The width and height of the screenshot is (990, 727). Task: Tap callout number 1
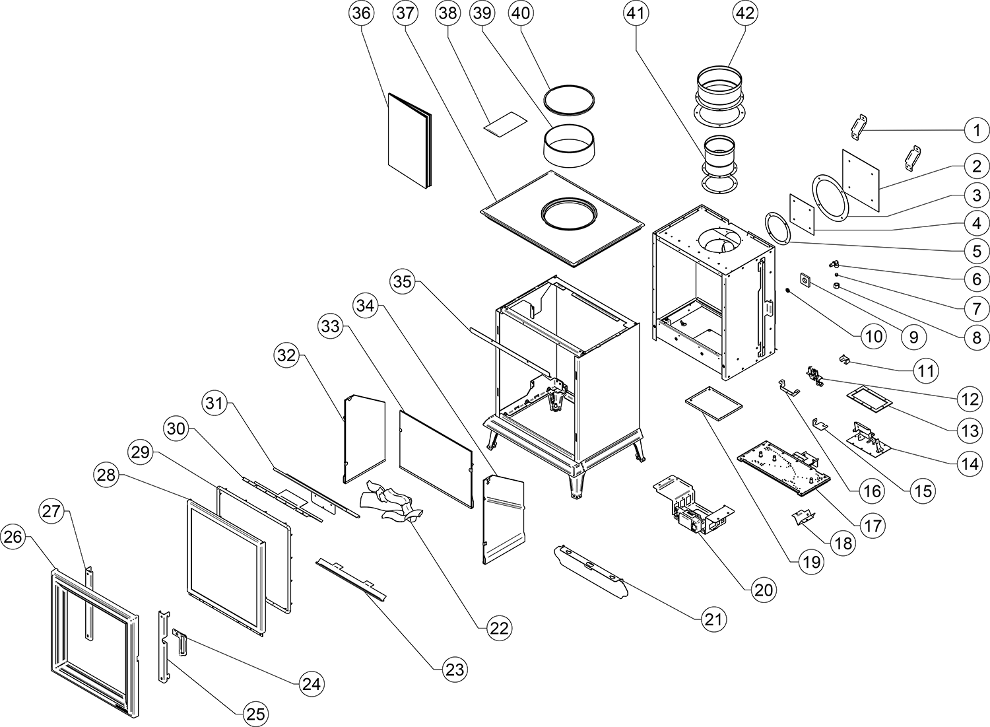tap(977, 131)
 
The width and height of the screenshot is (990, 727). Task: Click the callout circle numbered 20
tap(763, 590)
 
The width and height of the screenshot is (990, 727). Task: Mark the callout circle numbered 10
tap(873, 337)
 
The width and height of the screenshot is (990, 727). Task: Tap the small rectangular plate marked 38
tap(506, 124)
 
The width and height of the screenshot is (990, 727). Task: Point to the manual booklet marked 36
tap(409, 140)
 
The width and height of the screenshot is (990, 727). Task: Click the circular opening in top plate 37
tap(570, 214)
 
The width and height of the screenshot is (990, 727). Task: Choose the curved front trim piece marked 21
tap(591, 569)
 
